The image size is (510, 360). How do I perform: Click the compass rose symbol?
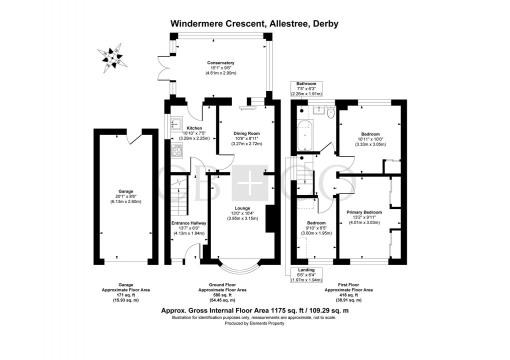tap(112, 58)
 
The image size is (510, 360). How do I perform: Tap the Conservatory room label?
tap(220, 62)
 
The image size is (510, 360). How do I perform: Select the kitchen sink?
tap(176, 121)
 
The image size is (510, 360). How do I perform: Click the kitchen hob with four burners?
tap(177, 148)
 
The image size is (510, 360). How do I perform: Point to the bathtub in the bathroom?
tap(304, 135)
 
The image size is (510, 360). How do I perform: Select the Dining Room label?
tap(247, 133)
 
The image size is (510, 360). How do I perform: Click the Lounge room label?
tap(242, 208)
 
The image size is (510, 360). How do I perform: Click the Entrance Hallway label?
tap(189, 223)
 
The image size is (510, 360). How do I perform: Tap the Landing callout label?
tap(306, 270)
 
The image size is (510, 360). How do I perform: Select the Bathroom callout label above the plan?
tap(306, 83)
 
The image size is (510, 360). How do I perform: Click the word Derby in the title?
tap(325, 23)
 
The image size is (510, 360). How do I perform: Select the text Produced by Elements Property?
tap(254, 323)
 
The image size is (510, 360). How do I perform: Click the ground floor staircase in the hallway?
tap(177, 197)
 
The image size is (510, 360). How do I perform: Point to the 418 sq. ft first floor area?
tap(348, 295)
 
